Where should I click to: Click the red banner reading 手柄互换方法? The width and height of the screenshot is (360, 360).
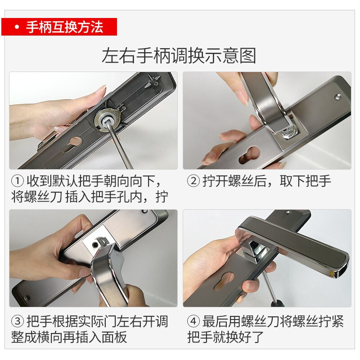[59, 27]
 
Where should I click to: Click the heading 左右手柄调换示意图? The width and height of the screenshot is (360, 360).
[179, 56]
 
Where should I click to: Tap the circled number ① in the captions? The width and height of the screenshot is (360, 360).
[18, 181]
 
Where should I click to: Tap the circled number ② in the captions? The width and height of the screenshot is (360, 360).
[193, 181]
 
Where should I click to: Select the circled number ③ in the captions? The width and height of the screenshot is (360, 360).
[18, 321]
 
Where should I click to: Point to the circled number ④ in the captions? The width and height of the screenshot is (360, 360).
[193, 321]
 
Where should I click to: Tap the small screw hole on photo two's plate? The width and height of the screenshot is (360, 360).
[337, 97]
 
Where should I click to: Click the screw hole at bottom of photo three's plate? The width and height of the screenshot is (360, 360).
[27, 298]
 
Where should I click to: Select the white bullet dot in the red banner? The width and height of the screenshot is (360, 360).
[17, 27]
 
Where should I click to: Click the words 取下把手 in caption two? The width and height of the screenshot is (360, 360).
[305, 181]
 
